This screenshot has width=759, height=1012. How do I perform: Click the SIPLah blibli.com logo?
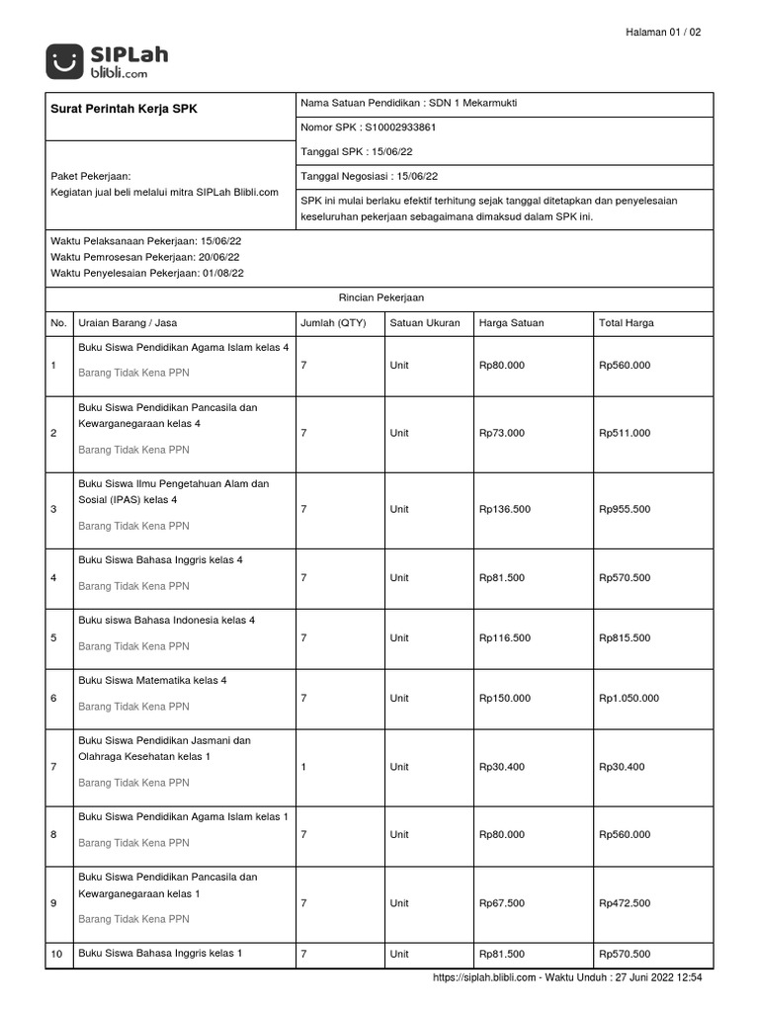click(107, 61)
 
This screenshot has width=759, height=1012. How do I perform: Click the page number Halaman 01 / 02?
click(663, 33)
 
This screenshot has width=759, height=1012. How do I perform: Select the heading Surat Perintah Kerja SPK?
click(124, 109)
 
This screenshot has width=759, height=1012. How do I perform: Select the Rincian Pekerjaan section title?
click(380, 296)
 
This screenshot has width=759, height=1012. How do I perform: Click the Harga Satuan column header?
click(511, 323)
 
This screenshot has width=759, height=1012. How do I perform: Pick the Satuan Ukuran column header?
click(425, 323)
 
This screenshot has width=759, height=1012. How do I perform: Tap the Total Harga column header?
click(626, 323)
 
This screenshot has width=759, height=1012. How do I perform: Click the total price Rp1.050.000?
click(629, 698)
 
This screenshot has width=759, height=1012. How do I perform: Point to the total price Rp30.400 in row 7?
click(622, 767)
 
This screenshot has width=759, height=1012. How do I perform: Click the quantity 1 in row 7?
click(303, 766)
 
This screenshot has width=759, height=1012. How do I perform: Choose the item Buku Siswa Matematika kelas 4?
click(159, 681)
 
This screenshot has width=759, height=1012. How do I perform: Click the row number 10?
click(56, 955)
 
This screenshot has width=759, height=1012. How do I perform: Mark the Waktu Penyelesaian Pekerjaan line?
click(147, 273)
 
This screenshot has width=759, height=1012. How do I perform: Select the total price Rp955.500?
click(625, 509)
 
